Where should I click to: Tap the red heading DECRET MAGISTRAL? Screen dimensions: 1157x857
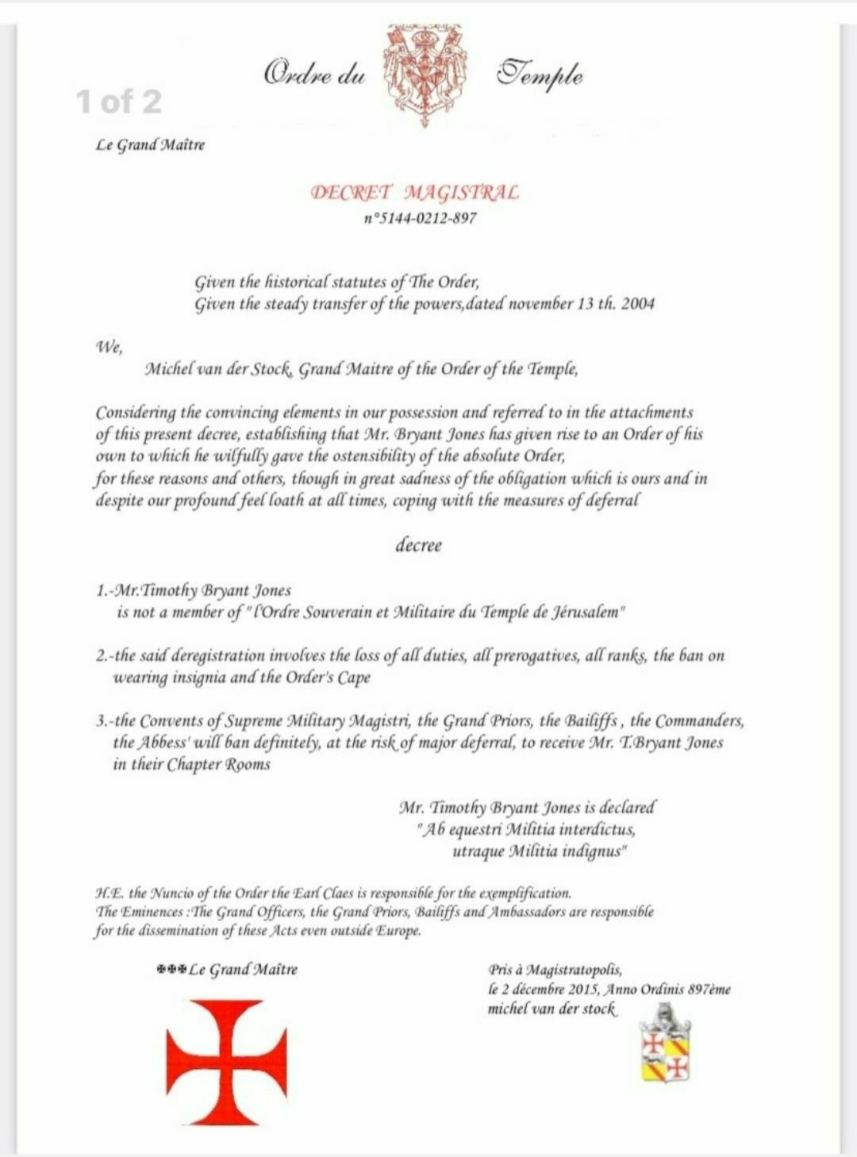(415, 193)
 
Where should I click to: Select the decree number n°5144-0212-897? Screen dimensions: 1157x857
(420, 218)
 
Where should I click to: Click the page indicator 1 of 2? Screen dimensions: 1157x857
(119, 101)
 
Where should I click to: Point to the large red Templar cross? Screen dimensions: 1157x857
(226, 1062)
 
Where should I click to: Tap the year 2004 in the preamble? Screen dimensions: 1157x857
(638, 304)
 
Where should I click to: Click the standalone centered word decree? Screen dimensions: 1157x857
(418, 545)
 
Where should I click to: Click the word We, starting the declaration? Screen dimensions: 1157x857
(109, 346)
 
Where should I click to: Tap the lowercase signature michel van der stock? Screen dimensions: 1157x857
(551, 1009)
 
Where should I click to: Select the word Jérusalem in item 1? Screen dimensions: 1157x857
(585, 613)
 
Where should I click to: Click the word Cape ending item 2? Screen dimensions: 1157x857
(354, 678)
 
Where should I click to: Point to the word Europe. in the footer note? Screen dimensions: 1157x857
(398, 931)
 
